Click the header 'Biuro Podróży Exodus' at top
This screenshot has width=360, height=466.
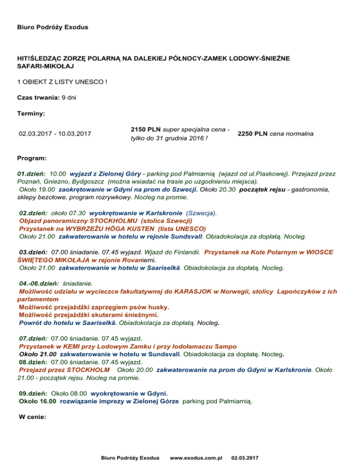coord(52,27)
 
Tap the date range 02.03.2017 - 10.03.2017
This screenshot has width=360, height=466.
coord(55,134)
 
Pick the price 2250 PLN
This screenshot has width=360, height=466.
coord(253,134)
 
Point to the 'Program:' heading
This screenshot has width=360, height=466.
coord(32,159)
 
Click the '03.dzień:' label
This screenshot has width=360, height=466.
coord(33,252)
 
